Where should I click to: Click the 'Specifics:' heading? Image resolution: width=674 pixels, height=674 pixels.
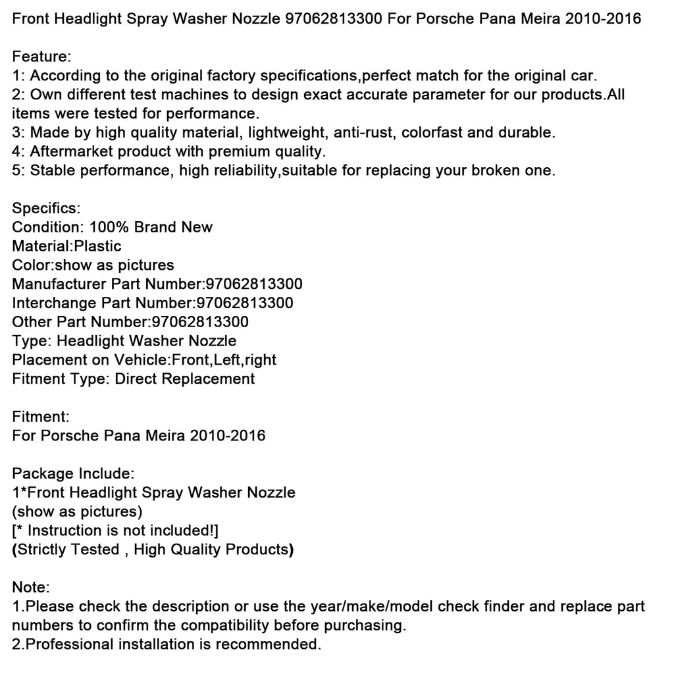point(46,208)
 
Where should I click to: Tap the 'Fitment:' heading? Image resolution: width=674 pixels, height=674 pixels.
point(41,417)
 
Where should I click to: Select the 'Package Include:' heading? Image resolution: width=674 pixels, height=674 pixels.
point(74,474)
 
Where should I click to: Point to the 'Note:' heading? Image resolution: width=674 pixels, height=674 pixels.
point(31,587)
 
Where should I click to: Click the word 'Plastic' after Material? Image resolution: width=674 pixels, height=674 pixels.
point(97,246)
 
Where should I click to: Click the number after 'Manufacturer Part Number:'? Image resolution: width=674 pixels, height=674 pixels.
point(254,284)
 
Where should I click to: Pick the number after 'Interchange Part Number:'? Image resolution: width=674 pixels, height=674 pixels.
point(245,303)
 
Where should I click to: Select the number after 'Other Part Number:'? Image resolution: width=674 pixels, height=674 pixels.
point(200,323)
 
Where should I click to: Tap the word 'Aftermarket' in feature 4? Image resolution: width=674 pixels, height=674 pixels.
point(70,151)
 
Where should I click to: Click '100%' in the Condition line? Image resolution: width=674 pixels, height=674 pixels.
point(109,227)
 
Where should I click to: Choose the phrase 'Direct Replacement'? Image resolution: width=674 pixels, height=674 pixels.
point(185,379)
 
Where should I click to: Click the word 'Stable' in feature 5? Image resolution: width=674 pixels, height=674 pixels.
point(51,170)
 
